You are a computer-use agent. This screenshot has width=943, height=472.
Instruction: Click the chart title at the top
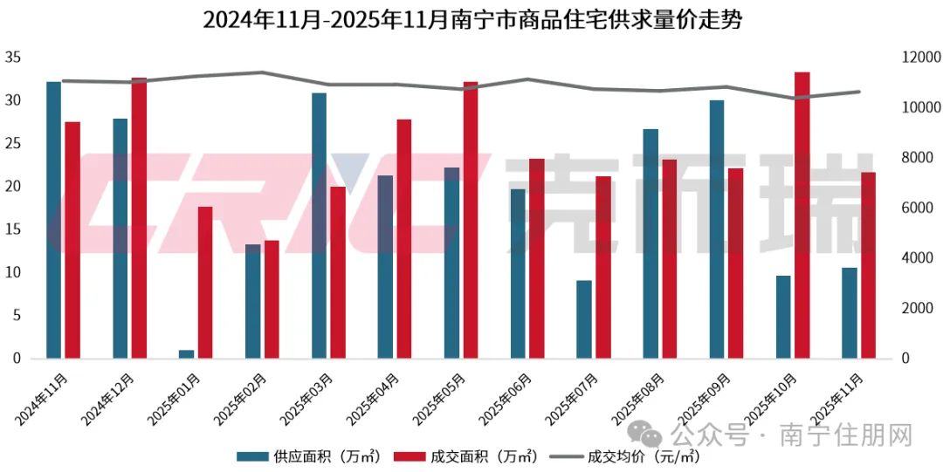pos(471,20)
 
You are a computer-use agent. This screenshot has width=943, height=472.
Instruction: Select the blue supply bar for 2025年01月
pos(186,353)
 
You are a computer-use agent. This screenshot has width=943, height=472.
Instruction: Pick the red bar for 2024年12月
pos(140,218)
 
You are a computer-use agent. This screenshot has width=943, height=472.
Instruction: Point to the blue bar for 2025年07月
pos(583,319)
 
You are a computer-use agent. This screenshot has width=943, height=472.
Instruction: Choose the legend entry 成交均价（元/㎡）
pos(624,456)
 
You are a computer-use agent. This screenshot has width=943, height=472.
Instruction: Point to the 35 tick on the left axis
pos(12,58)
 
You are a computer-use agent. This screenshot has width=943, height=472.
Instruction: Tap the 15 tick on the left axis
pos(12,230)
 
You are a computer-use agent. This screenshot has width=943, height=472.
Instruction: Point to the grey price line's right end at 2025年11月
pos(859,92)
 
